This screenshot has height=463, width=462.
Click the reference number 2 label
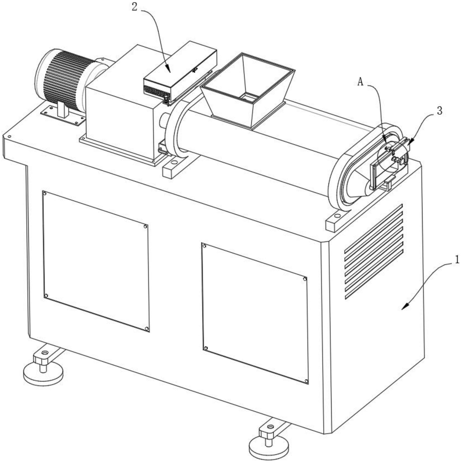tap(135, 7)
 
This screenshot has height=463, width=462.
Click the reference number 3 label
tap(439, 111)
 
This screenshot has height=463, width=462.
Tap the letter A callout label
tap(360, 82)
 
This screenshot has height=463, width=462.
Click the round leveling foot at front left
tap(43, 374)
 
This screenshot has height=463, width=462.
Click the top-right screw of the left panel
tap(145, 227)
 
